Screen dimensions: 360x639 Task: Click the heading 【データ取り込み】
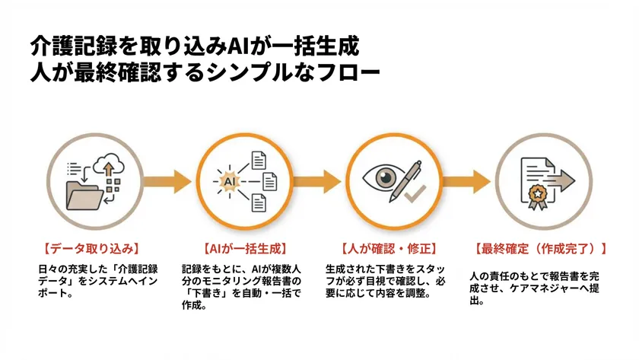(91, 248)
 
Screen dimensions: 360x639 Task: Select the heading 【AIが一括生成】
(237, 248)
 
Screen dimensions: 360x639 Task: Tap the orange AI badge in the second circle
(229, 181)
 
